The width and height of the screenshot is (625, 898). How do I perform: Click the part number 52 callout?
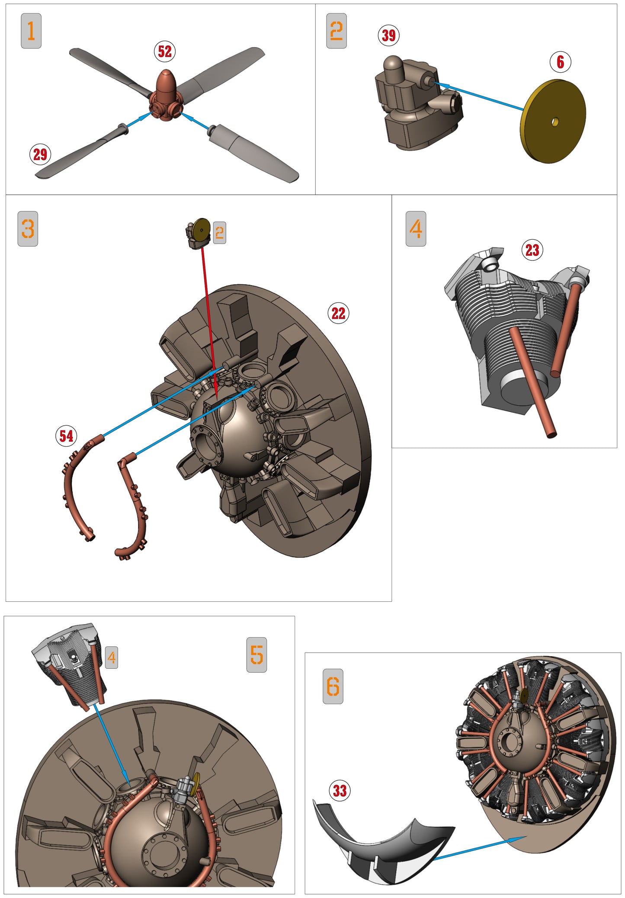164,51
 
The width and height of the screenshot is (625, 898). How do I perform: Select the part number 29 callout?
40,154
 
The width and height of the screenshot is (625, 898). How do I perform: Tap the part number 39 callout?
388,35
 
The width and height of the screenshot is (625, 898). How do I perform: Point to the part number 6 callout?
560,62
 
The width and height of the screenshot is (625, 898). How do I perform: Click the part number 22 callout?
338,313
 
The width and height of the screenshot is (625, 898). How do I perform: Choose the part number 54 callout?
66,436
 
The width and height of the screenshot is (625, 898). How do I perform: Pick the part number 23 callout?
532,250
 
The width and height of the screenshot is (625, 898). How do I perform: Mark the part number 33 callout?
340,791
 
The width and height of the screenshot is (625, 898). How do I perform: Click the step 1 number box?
31,31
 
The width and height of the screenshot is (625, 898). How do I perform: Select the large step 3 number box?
28,229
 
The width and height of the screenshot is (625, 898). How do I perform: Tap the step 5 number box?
256,655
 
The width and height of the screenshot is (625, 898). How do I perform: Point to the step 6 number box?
333,686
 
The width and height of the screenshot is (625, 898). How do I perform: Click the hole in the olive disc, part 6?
555,122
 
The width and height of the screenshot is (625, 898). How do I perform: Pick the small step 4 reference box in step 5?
112,657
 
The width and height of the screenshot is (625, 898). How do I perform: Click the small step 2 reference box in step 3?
219,233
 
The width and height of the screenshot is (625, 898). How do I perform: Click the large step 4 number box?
416,229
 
